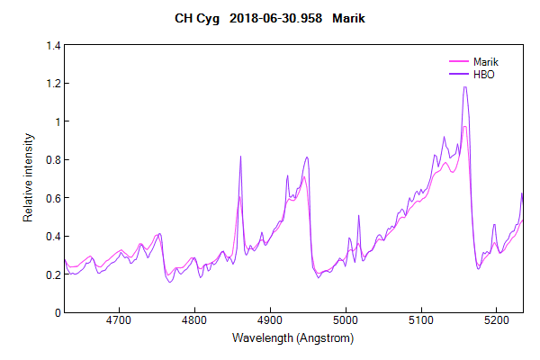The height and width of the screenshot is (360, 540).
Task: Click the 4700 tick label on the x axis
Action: click(119, 319)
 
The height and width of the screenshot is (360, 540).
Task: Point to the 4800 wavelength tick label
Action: click(194, 319)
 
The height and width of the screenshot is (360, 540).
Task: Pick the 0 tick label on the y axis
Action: click(56, 312)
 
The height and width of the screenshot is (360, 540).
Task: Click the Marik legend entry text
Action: click(487, 61)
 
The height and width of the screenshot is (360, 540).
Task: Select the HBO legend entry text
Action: click(484, 74)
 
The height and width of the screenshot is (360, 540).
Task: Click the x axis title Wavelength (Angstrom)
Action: click(292, 338)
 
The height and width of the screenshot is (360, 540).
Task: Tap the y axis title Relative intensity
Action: click(28, 178)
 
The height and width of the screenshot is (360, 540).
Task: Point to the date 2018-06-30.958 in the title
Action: click(278, 18)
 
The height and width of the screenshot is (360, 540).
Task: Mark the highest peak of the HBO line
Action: click(465, 86)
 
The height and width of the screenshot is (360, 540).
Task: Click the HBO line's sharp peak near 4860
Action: click(240, 157)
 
